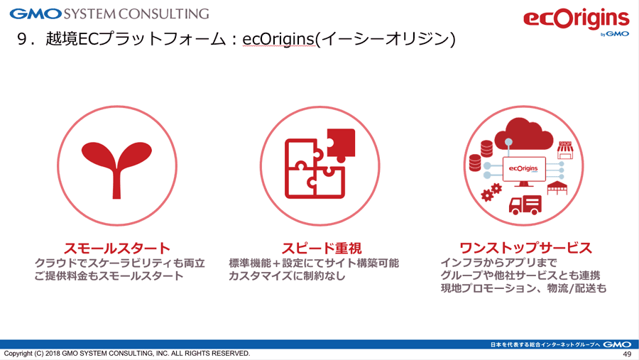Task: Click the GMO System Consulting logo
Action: point(109,13)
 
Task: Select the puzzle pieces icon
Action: point(320,163)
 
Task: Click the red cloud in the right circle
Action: point(523,134)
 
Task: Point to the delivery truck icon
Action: point(525,204)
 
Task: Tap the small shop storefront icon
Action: point(565,151)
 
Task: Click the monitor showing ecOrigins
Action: point(524,171)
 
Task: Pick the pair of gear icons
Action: point(491,192)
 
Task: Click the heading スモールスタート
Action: point(117,248)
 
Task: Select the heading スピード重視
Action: point(322,248)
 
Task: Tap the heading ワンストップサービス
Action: point(525,248)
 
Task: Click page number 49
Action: point(627,354)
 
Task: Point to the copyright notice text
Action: point(127,353)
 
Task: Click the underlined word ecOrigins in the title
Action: point(278,39)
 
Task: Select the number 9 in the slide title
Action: point(22,39)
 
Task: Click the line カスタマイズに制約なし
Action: point(287,276)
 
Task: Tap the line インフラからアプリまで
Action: point(498,263)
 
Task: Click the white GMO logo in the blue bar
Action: point(617,344)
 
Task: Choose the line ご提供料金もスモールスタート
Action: point(109,276)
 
